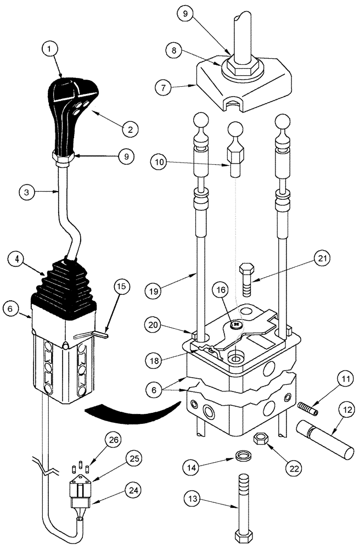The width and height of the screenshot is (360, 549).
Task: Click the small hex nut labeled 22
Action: pos(260,439)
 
